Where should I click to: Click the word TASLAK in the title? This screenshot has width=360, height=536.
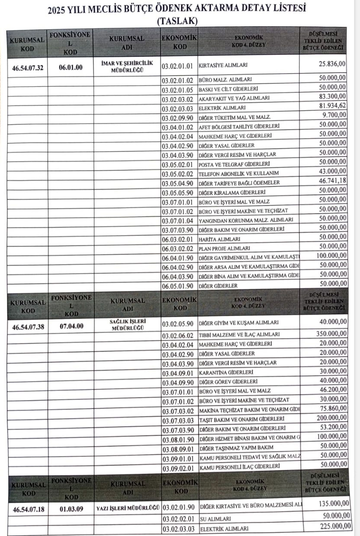(177, 20)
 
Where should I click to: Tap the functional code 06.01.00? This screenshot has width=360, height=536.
(71, 67)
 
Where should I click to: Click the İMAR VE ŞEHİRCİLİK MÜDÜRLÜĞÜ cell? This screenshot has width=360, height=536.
(127, 66)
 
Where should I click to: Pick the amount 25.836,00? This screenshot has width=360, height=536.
(330, 64)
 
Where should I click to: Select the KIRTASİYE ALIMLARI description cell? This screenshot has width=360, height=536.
(223, 66)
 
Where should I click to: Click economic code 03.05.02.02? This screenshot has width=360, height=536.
(179, 173)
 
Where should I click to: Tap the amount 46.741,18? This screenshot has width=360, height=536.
(331, 181)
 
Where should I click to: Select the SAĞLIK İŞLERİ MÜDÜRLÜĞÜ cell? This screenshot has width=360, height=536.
(127, 325)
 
